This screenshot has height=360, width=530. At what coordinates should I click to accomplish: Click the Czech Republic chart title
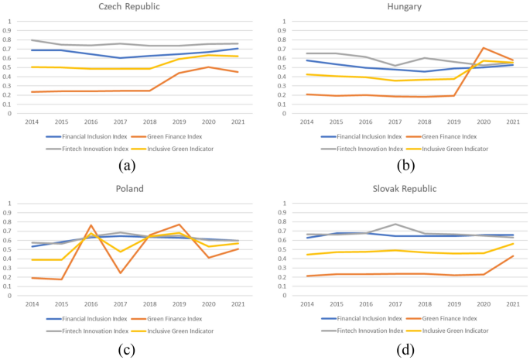click(x=128, y=6)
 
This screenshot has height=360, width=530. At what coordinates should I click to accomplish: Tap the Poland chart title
click(x=129, y=188)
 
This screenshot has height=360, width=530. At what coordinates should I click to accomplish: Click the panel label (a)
click(x=128, y=164)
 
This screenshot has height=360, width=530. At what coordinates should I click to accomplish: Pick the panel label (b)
click(x=404, y=164)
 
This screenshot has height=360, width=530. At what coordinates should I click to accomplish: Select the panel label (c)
click(x=128, y=348)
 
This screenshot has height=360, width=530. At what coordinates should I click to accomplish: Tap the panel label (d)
click(x=404, y=348)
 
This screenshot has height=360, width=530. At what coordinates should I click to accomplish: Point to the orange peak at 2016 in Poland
click(x=91, y=225)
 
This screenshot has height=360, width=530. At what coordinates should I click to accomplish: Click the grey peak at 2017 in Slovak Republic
click(x=395, y=225)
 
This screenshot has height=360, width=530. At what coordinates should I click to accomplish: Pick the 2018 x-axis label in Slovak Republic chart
click(x=424, y=304)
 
